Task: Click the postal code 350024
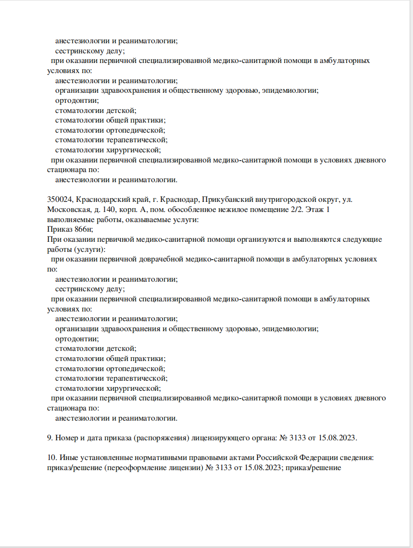click(x=60, y=199)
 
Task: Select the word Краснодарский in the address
click(x=100, y=199)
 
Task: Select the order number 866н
click(x=81, y=229)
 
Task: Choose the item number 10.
click(x=51, y=458)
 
